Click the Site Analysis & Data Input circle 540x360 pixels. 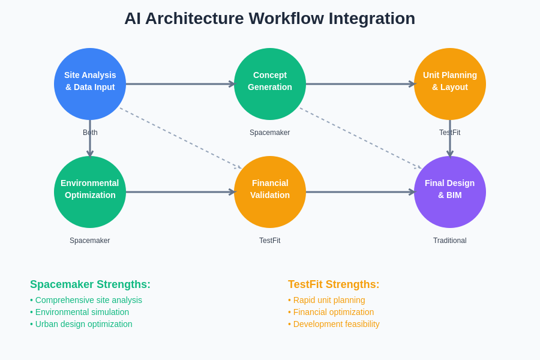tap(90, 84)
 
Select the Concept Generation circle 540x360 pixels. tap(270, 84)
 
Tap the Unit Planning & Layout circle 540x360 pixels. tap(450, 84)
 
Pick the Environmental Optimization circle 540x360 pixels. tap(90, 192)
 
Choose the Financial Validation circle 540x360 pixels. tap(270, 192)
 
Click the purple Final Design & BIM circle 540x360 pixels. tap(450, 192)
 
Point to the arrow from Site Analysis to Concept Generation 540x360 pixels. tap(180, 84)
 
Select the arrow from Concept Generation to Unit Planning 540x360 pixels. tap(360, 84)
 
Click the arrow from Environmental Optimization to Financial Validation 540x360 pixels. tap(180, 192)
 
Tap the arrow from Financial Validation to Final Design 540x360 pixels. tap(360, 192)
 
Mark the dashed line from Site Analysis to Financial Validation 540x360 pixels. tap(180, 138)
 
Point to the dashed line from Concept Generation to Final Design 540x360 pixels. tap(360, 138)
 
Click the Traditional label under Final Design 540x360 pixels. tap(449, 241)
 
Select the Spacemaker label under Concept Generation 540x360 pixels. tap(269, 133)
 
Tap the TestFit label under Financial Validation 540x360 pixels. tap(269, 241)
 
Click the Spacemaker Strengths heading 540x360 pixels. tap(90, 284)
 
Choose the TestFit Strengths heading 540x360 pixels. tap(334, 284)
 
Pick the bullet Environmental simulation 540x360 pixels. tap(82, 312)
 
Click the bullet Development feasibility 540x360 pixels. tap(336, 324)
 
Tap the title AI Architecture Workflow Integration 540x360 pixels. tap(269, 19)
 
